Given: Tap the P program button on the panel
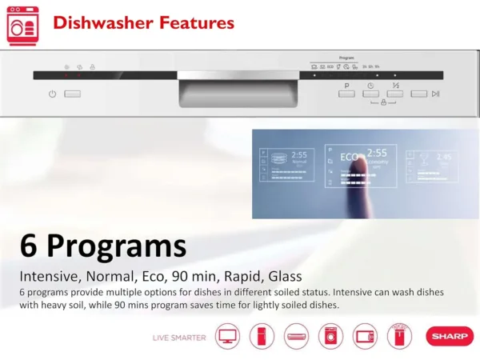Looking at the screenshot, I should (346, 94).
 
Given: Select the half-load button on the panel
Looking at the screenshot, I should (395, 94).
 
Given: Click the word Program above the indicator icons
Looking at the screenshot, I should (346, 58).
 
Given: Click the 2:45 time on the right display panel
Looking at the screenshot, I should (443, 158).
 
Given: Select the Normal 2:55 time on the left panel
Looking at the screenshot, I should (298, 154).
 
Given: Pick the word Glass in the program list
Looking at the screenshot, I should (285, 276).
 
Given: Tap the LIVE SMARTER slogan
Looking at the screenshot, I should (179, 337).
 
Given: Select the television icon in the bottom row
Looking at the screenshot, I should (226, 336).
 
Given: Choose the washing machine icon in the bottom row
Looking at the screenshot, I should (330, 336).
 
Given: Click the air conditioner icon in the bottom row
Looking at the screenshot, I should (296, 336).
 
